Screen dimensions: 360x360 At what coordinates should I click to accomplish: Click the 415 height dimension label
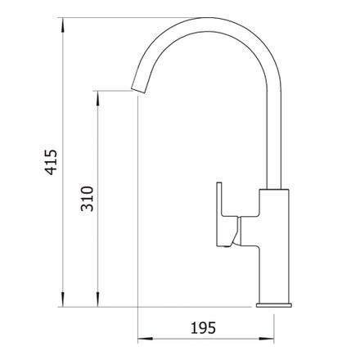[52, 162]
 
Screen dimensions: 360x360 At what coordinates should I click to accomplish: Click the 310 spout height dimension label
[88, 199]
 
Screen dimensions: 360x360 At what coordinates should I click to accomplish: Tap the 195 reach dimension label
[203, 327]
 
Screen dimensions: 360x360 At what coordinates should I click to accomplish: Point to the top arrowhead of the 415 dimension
[63, 25]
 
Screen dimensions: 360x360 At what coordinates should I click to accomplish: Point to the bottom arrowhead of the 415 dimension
[63, 299]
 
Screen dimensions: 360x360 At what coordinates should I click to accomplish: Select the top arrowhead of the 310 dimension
[98, 98]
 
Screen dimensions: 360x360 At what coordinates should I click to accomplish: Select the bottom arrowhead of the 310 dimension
[98, 299]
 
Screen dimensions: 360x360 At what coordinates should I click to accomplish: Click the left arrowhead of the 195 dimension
[146, 339]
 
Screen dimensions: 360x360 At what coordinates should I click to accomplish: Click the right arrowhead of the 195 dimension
[267, 339]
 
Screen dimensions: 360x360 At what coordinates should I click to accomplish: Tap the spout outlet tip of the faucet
[138, 91]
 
